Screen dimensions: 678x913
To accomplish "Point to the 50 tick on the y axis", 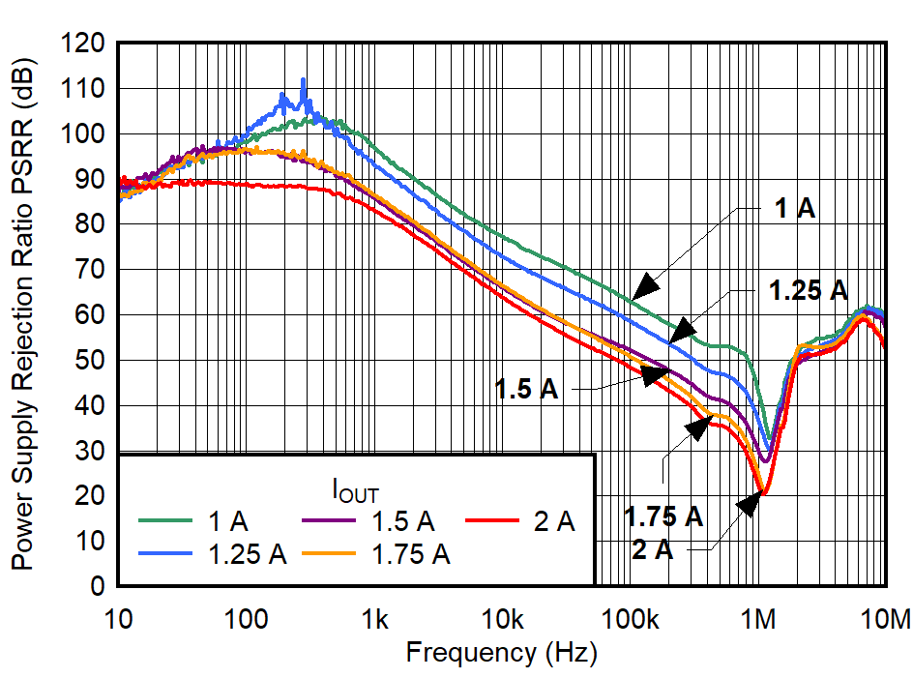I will pyautogui.click(x=93, y=361).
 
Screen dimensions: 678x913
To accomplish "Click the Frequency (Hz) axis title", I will pyautogui.click(x=501, y=653).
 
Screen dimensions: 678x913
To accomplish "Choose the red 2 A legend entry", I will pyautogui.click(x=521, y=522).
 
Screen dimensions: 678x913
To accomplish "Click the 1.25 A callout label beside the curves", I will pyautogui.click(x=808, y=289).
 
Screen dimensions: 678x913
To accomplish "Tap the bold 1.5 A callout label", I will pyautogui.click(x=527, y=389).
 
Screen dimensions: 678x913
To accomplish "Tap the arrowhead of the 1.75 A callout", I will pyautogui.click(x=698, y=427).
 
